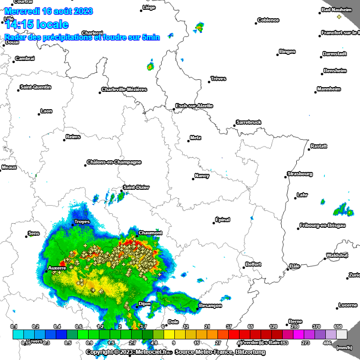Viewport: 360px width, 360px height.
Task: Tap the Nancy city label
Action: click(202, 176)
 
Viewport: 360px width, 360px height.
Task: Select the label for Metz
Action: click(196, 138)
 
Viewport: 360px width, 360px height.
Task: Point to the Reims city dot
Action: click(65, 140)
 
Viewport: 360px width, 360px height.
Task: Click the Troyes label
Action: click(82, 222)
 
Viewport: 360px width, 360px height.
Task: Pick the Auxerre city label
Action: click(57, 269)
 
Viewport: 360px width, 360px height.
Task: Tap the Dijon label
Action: click(144, 304)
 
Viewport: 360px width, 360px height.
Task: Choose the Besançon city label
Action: click(210, 306)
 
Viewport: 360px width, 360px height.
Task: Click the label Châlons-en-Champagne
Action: click(114, 162)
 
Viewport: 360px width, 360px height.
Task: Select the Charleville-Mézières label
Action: click(124, 90)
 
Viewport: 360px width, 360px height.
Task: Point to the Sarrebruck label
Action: click(249, 122)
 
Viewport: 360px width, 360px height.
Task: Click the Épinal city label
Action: click(223, 219)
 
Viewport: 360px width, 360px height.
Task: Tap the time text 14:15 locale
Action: click(37, 25)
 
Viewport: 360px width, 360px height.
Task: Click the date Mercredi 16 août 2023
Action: click(49, 11)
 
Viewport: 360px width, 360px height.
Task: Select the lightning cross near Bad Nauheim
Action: click(339, 17)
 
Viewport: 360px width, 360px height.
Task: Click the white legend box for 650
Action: click(342, 334)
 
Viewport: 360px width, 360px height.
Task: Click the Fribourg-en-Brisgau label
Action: click(324, 225)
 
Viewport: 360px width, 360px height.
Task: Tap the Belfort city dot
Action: click(244, 267)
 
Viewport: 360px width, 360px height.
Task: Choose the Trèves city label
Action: click(218, 78)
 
